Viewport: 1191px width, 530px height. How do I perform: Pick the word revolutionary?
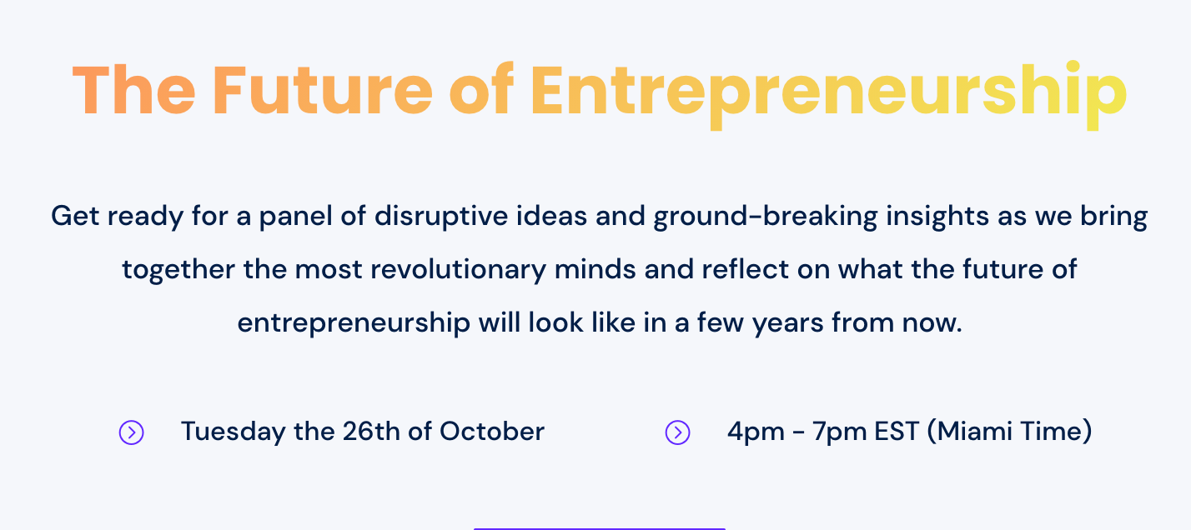pyautogui.click(x=459, y=270)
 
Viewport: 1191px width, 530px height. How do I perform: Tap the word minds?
pyautogui.click(x=595, y=269)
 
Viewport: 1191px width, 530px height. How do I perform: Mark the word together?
pyautogui.click(x=178, y=270)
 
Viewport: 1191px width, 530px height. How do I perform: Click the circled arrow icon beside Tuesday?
pyautogui.click(x=131, y=432)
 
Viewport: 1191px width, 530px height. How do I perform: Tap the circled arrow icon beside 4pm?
pyautogui.click(x=678, y=432)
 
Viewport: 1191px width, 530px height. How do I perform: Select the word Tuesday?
pyautogui.click(x=233, y=432)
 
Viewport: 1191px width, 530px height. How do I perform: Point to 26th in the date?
pyautogui.click(x=371, y=431)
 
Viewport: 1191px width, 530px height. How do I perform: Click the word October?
pyautogui.click(x=492, y=431)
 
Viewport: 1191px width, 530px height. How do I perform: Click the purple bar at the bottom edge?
pyautogui.click(x=599, y=529)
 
